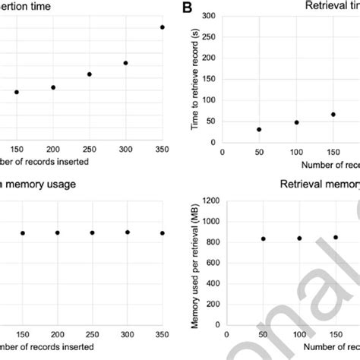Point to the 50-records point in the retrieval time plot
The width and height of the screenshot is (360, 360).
pyautogui.click(x=259, y=129)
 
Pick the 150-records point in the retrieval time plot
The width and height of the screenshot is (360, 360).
pyautogui.click(x=333, y=115)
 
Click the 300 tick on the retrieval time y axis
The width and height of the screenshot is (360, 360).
pyautogui.click(x=208, y=15)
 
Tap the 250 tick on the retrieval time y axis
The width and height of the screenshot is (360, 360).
pyautogui.click(x=208, y=36)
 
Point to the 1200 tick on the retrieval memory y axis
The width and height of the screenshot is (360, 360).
pyautogui.click(x=206, y=201)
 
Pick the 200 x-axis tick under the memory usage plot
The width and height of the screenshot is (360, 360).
pyautogui.click(x=57, y=333)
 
